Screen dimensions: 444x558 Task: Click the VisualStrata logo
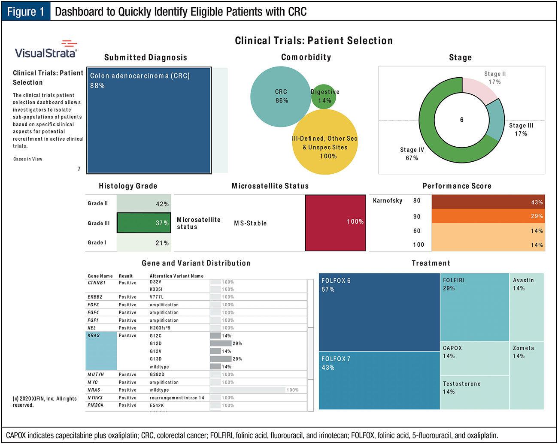(x=46, y=50)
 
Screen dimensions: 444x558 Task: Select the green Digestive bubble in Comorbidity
(x=324, y=97)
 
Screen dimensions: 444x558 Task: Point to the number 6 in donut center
(x=462, y=120)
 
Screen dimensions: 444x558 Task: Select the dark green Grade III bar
(x=144, y=223)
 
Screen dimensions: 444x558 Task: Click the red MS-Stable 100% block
(x=335, y=223)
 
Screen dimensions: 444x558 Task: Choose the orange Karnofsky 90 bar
(x=488, y=216)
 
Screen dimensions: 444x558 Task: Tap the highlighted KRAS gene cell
(x=101, y=351)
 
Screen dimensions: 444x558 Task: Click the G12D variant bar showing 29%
(x=221, y=344)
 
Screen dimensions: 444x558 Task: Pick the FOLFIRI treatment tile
(x=474, y=307)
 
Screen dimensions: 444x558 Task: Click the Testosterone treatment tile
(x=474, y=392)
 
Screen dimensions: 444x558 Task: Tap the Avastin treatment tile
(x=527, y=307)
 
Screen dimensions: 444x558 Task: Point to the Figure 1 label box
(x=26, y=12)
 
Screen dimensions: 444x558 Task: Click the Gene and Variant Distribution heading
(x=196, y=263)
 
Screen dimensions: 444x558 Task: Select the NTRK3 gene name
(x=95, y=398)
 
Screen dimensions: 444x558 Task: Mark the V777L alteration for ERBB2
(x=157, y=297)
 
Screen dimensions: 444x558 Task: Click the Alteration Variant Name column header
(x=176, y=276)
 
